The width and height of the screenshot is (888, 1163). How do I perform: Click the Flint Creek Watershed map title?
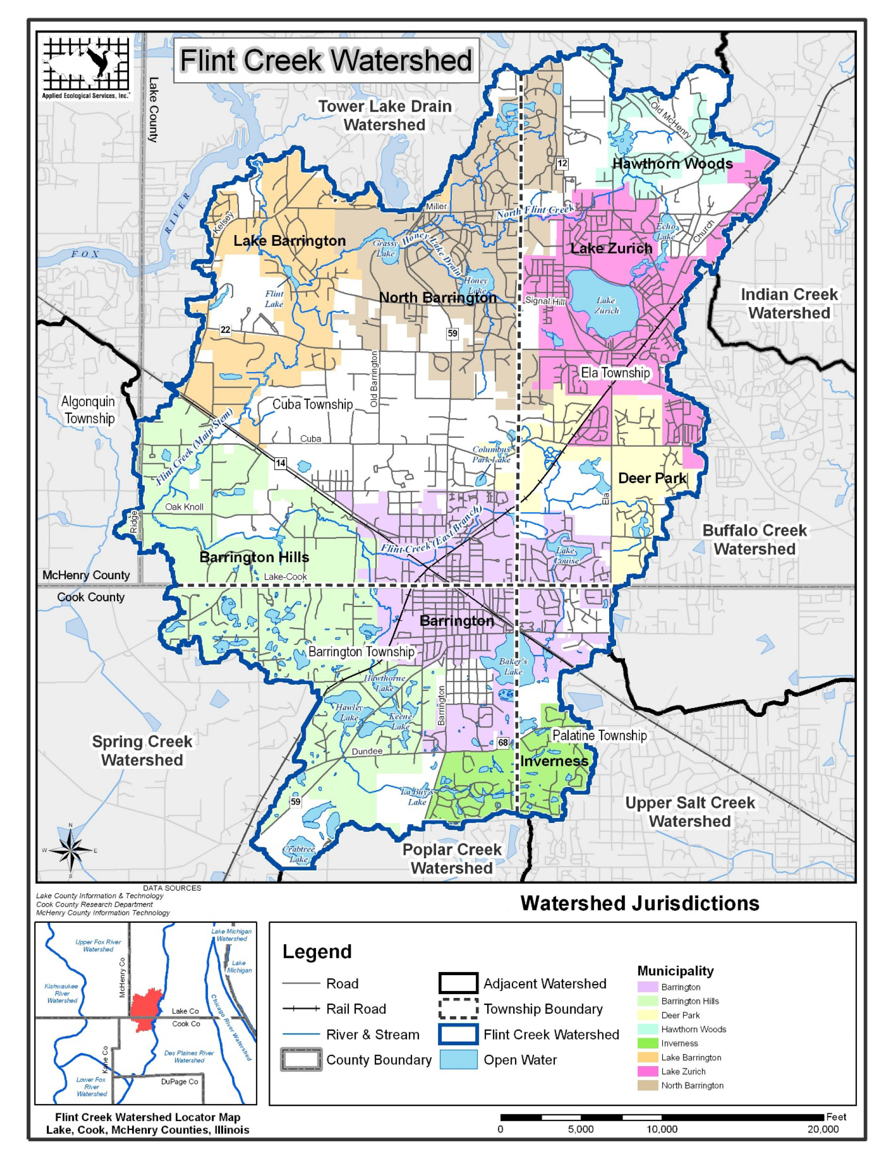(x=326, y=60)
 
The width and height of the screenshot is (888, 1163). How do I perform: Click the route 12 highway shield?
(x=562, y=163)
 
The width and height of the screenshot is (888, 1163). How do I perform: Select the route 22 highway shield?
(x=225, y=330)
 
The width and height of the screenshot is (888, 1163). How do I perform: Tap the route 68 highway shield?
(x=502, y=742)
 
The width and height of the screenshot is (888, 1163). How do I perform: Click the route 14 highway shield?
(x=280, y=463)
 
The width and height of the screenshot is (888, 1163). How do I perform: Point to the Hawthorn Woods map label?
(x=672, y=164)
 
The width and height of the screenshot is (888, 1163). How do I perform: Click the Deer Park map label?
(x=652, y=478)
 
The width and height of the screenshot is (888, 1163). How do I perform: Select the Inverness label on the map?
(x=553, y=761)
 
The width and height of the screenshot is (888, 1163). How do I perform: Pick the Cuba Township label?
(x=312, y=404)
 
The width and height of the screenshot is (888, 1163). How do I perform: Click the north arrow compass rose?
(x=71, y=850)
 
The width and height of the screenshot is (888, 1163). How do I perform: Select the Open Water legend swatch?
(x=458, y=1060)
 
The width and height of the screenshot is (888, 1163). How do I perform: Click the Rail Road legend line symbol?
(x=301, y=1009)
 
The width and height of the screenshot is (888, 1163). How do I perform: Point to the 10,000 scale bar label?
(x=662, y=1129)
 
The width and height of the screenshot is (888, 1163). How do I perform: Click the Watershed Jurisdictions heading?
(x=640, y=904)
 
